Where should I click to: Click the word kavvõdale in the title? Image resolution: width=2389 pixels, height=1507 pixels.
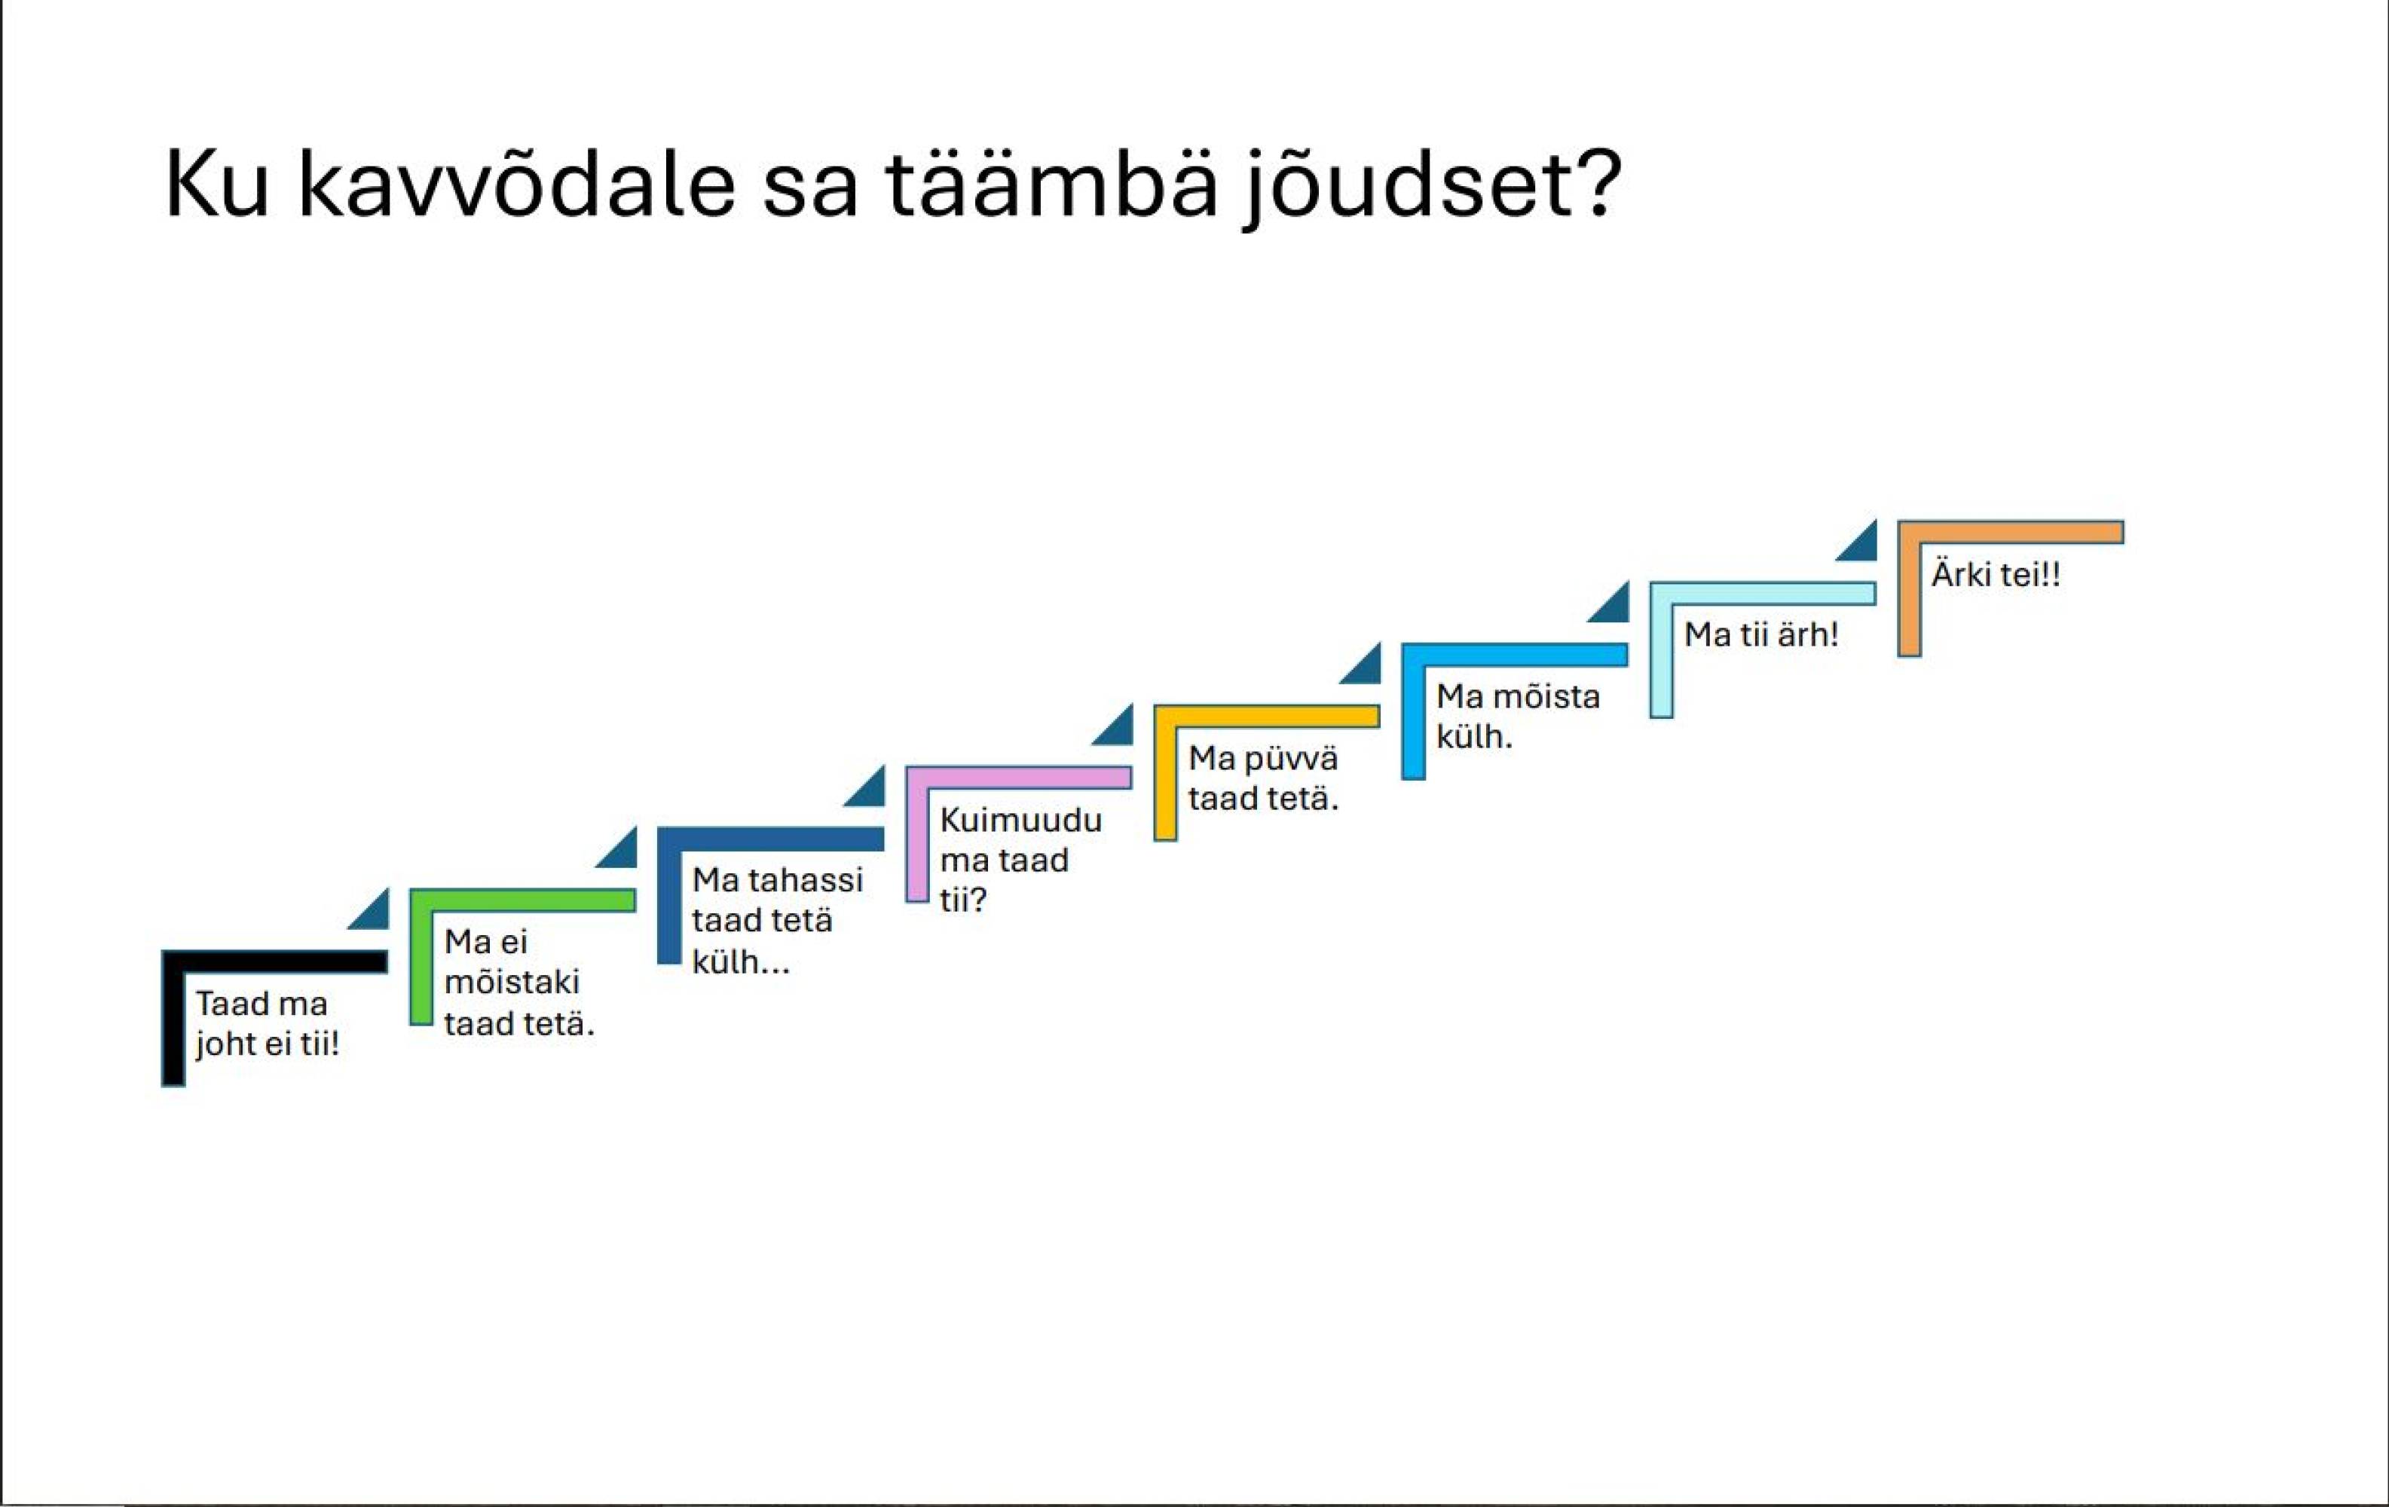click(x=516, y=185)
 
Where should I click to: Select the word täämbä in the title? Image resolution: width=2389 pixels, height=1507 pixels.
click(x=1051, y=184)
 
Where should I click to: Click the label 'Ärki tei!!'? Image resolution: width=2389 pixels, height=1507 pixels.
click(x=1995, y=574)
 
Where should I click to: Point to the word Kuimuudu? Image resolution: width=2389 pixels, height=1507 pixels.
click(x=1021, y=820)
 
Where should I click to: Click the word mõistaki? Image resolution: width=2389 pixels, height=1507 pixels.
click(x=512, y=982)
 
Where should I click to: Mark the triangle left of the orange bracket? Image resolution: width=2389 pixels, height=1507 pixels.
click(x=1862, y=544)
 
